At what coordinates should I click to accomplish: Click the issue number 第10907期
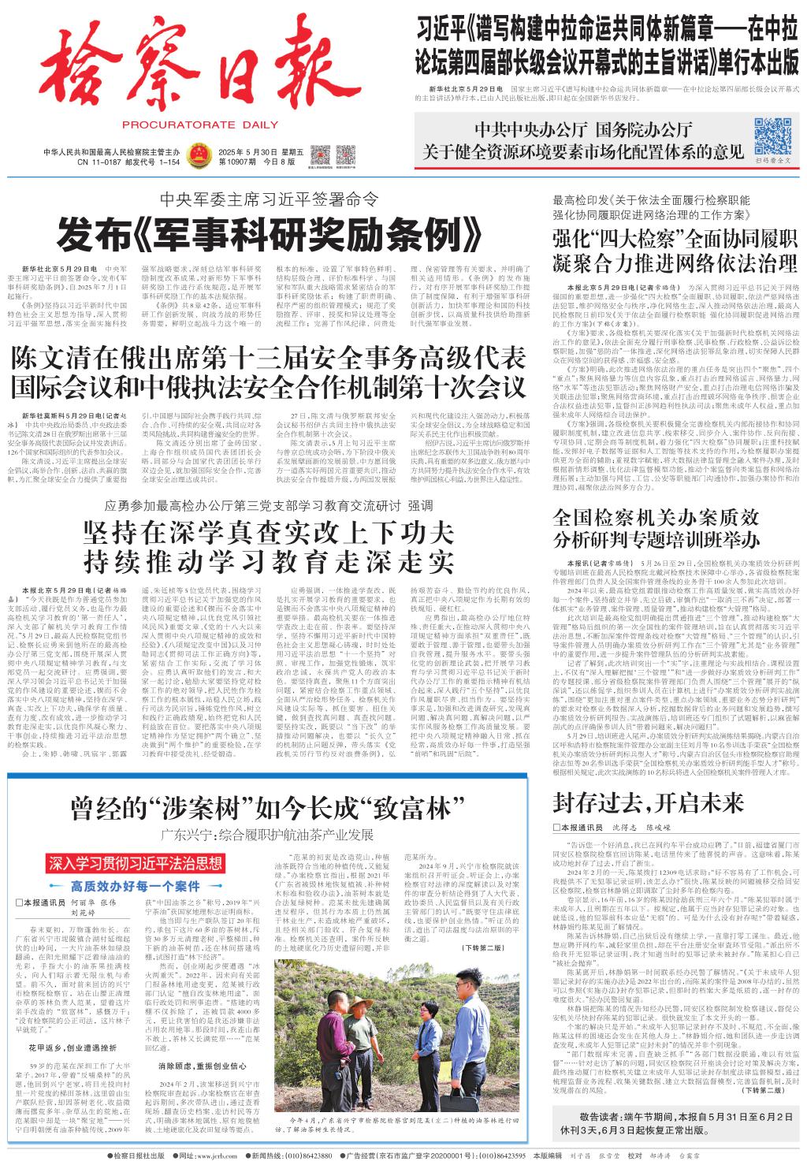point(240,161)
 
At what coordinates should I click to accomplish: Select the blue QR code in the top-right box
point(772,135)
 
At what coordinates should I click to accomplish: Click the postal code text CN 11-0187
point(105,162)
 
